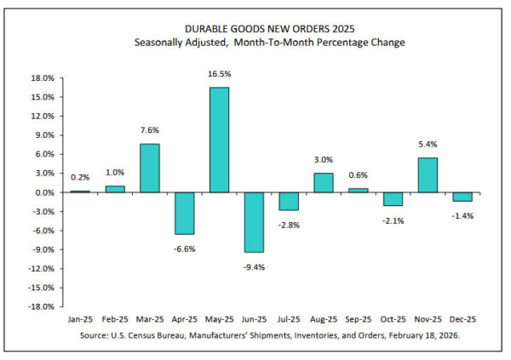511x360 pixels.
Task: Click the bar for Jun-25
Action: (254, 222)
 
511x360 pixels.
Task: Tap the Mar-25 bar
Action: (149, 168)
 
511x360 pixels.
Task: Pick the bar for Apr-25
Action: (184, 213)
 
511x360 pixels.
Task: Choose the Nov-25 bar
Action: (428, 174)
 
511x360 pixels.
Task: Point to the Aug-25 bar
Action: (323, 182)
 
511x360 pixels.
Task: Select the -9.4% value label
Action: (254, 265)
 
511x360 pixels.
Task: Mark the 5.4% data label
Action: (428, 146)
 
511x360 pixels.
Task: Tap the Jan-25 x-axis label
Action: (79, 320)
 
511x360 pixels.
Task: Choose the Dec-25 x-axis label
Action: (462, 320)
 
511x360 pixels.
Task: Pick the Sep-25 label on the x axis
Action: (358, 320)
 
